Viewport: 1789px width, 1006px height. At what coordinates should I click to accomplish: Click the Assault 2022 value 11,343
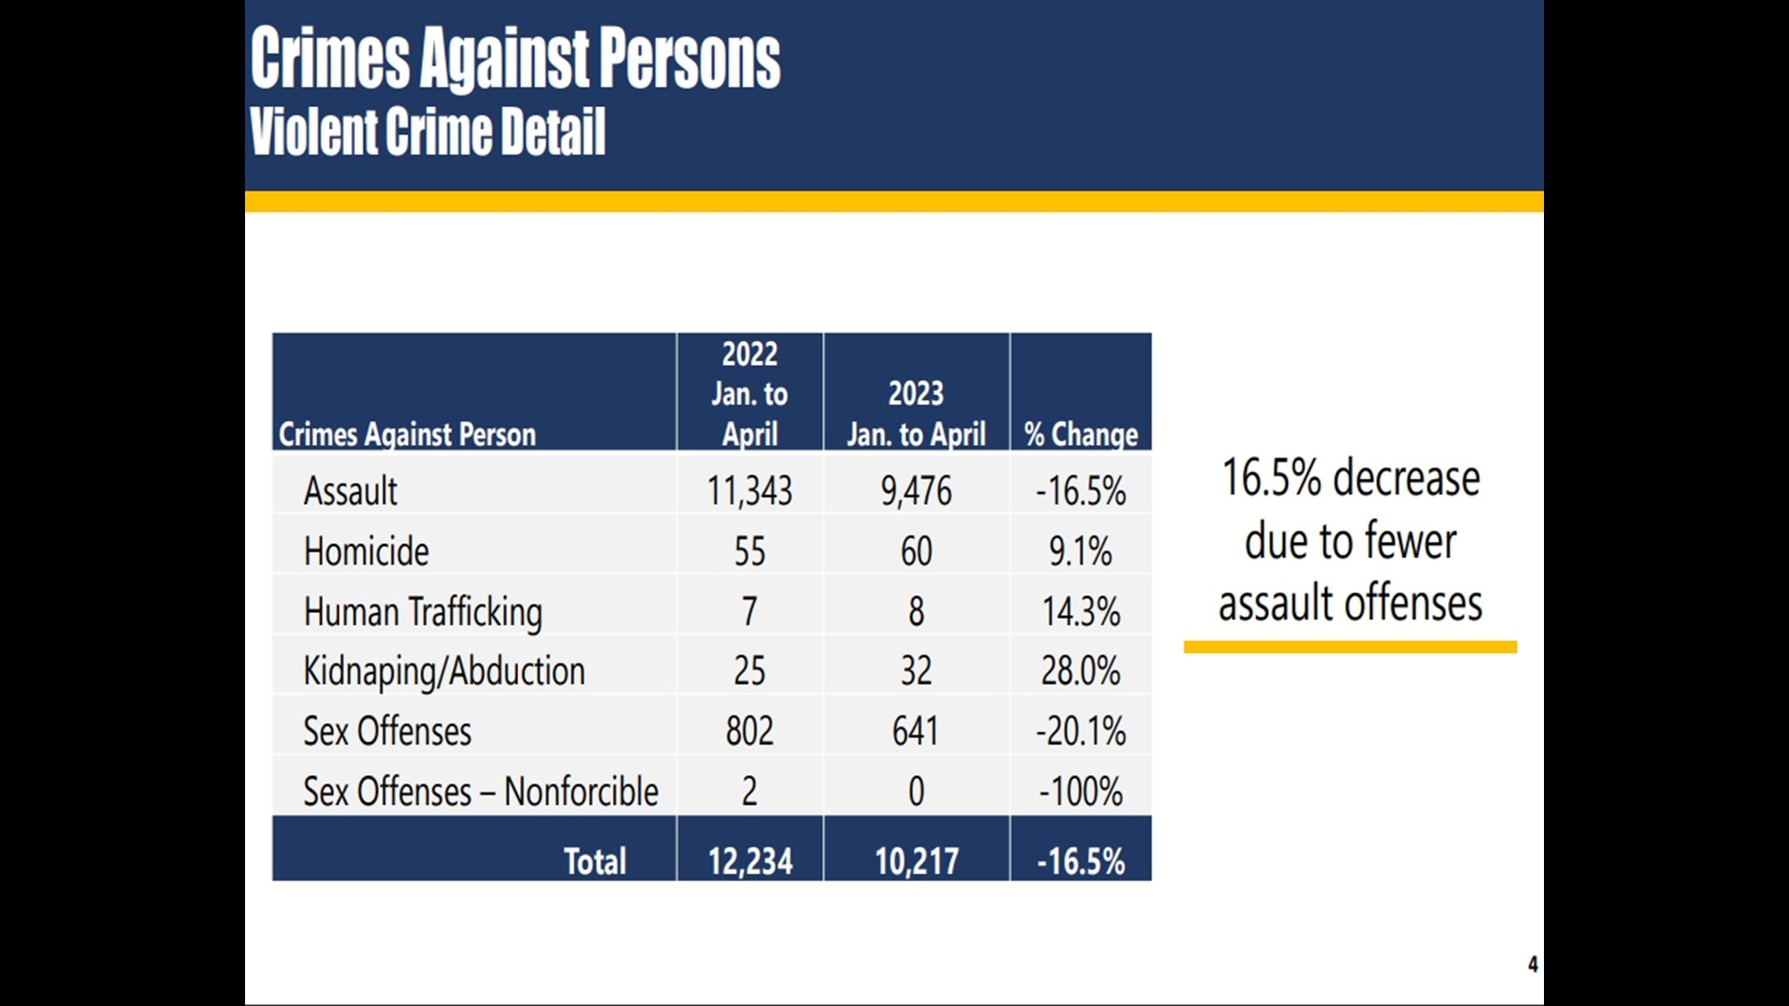(749, 491)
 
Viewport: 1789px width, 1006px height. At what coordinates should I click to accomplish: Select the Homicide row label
(366, 551)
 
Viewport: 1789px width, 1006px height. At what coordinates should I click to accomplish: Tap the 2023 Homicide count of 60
(916, 551)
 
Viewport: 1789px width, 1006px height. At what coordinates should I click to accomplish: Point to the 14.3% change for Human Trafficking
(1081, 612)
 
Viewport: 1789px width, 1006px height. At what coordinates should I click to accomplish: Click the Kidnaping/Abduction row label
(444, 672)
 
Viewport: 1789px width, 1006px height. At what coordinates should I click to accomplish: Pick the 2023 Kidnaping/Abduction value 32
(916, 671)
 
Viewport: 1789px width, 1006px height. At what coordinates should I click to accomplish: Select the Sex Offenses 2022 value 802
(749, 731)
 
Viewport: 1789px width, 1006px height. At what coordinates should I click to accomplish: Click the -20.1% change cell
(1081, 731)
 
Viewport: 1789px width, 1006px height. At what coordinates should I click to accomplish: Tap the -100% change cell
(1081, 792)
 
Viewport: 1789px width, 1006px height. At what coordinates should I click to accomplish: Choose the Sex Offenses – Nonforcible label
(480, 792)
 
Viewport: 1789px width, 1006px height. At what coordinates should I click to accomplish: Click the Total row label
(594, 861)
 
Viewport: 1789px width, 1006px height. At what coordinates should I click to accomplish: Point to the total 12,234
(749, 861)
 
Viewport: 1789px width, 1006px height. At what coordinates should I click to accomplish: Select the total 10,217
(916, 861)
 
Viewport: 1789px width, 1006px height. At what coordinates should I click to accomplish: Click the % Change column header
(1081, 434)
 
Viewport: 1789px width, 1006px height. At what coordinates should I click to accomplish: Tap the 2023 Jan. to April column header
(916, 414)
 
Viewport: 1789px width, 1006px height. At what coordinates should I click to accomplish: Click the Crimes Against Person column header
(407, 434)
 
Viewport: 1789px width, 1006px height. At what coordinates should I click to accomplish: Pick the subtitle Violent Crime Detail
(428, 131)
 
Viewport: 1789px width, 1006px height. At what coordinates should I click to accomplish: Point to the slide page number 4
(1533, 964)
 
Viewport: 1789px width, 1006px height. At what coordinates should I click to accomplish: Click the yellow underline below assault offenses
(1350, 646)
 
